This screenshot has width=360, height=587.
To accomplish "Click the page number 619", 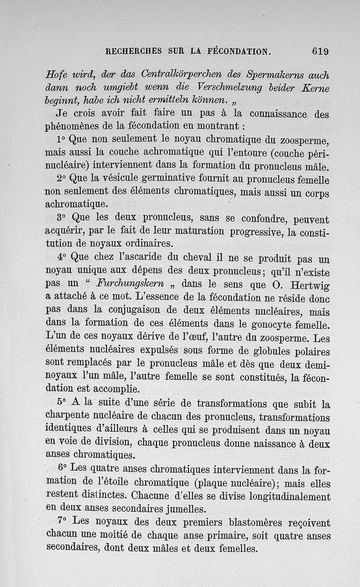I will pyautogui.click(x=320, y=51).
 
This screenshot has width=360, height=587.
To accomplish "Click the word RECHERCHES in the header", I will pyautogui.click(x=133, y=51).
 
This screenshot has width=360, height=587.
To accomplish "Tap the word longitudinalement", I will pyautogui.click(x=288, y=497).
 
